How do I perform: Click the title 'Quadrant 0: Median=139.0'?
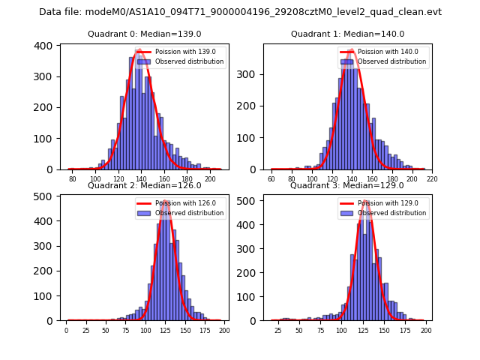point(145,34)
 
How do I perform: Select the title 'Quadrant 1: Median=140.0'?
point(347,34)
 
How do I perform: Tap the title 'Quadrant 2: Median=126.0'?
point(145,185)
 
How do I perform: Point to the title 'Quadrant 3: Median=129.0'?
point(347,185)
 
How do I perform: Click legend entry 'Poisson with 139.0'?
point(180,52)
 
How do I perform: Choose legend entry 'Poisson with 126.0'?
point(180,202)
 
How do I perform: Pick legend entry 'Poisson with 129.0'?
point(382,202)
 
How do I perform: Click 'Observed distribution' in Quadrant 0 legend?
point(189,61)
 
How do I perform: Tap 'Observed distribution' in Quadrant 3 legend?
point(391,213)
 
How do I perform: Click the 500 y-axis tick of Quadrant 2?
point(44,196)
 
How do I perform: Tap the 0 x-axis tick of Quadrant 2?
point(66,331)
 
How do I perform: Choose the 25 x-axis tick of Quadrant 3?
point(278,331)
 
